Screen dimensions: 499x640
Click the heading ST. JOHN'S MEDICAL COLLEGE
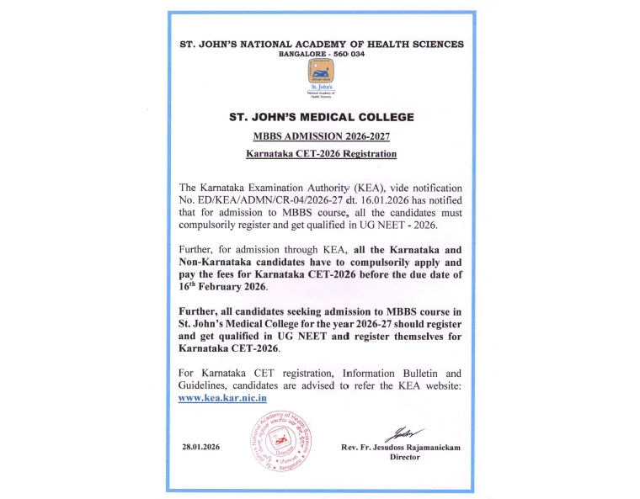(x=322, y=118)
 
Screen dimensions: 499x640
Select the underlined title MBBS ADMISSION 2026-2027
(x=322, y=136)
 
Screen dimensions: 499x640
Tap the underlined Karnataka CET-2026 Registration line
(x=322, y=154)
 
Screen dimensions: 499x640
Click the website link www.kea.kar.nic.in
(x=222, y=398)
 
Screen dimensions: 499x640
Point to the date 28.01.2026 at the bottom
(x=200, y=447)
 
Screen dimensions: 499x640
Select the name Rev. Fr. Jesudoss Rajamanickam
(x=401, y=447)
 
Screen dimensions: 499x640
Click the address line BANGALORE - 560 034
(x=322, y=53)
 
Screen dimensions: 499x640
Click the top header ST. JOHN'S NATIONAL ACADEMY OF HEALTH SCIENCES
(x=322, y=43)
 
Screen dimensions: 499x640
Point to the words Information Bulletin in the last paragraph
(x=381, y=372)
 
